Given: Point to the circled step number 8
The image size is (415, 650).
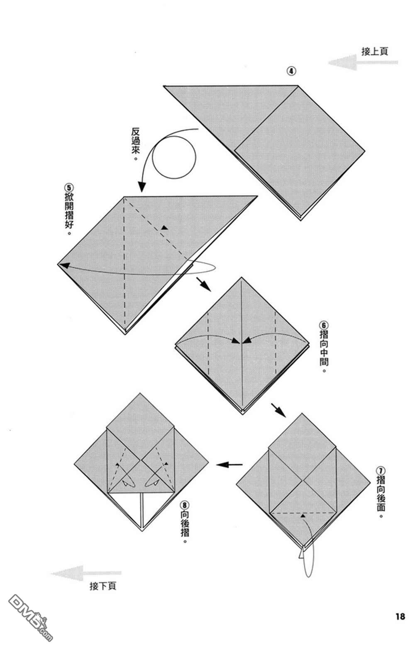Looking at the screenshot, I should pos(185,505).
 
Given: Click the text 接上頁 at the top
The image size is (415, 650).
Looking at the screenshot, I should pos(375,51).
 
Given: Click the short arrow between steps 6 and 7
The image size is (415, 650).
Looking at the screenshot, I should pos(278,409).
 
